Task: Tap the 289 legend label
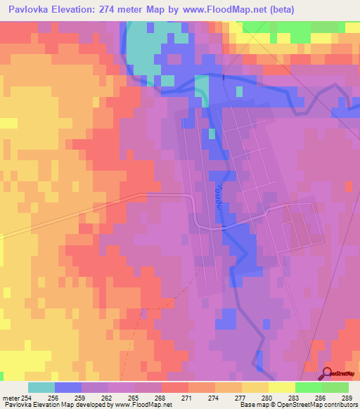349,398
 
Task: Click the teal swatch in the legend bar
41,387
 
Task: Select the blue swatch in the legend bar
68,387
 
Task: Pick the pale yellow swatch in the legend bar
281,387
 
